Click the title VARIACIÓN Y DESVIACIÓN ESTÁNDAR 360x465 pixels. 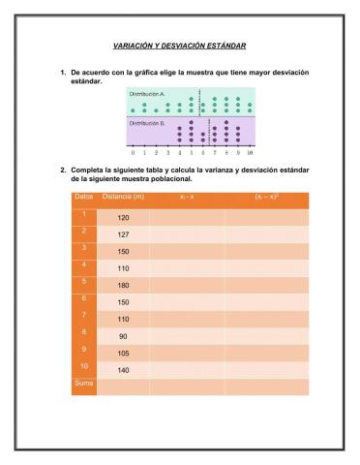pyautogui.click(x=179, y=46)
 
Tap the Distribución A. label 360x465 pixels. pyautogui.click(x=147, y=94)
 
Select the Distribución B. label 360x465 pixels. pyautogui.click(x=147, y=123)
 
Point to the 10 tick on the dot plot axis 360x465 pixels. pyautogui.click(x=250, y=153)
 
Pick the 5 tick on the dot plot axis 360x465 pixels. pyautogui.click(x=191, y=153)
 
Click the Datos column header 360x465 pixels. pyautogui.click(x=83, y=198)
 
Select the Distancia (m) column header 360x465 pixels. pyautogui.click(x=123, y=198)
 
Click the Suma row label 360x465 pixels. pyautogui.click(x=81, y=384)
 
